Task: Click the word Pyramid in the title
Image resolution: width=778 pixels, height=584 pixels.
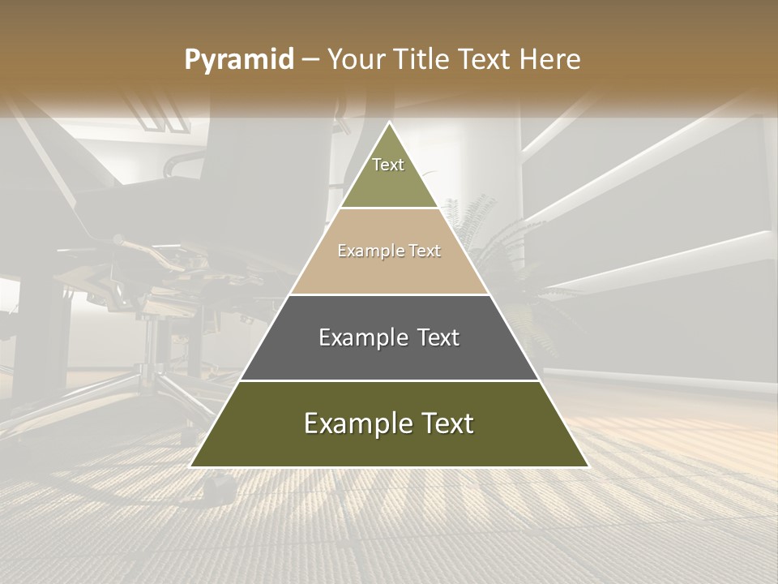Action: click(x=239, y=60)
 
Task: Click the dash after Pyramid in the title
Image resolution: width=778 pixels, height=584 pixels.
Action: click(x=310, y=61)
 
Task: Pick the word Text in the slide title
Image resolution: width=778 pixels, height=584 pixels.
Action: click(x=488, y=60)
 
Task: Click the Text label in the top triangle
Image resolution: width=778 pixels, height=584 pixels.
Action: click(x=388, y=165)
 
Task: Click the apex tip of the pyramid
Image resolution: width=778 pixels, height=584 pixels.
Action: click(x=390, y=122)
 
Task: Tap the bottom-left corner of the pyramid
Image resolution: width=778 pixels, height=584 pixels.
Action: click(x=191, y=466)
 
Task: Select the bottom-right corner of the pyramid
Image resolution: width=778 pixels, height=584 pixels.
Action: click(x=588, y=466)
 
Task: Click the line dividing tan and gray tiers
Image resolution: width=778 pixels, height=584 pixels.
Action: click(x=389, y=294)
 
